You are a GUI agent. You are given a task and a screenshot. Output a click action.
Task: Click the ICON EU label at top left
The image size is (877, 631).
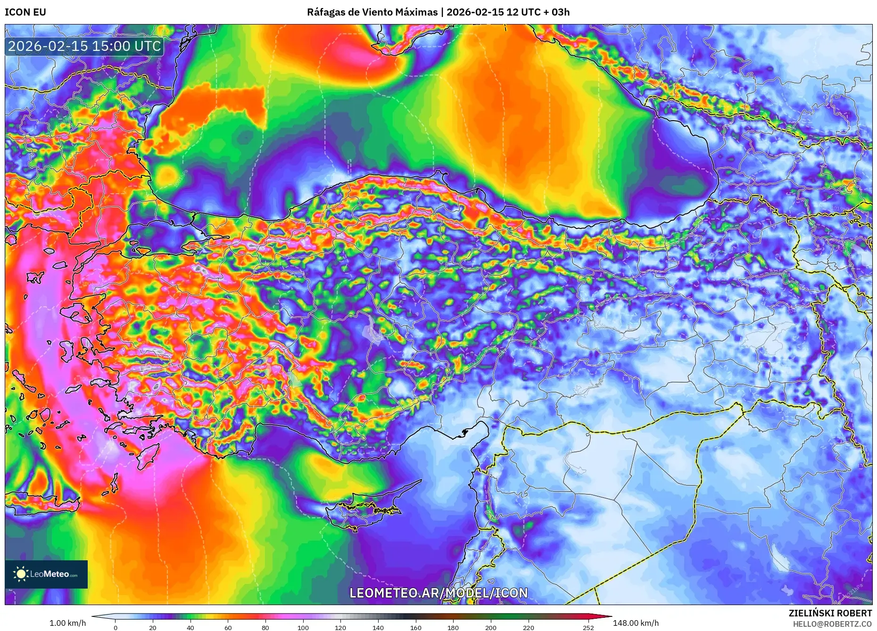click(25, 12)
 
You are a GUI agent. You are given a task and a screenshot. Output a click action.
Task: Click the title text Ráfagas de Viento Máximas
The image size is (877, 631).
click(372, 12)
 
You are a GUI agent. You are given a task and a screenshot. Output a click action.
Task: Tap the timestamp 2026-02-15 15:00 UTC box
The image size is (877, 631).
click(85, 46)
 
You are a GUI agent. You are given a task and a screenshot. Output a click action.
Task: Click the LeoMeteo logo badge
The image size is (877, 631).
click(46, 574)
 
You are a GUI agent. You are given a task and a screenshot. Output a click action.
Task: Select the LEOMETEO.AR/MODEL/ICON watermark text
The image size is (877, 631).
click(438, 593)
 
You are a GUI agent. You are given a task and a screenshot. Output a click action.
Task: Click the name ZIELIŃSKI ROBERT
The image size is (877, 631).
click(830, 613)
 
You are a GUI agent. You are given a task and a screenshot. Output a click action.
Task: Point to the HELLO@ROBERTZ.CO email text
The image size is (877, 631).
click(832, 624)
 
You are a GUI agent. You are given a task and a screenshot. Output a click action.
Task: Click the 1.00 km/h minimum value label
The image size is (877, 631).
click(67, 623)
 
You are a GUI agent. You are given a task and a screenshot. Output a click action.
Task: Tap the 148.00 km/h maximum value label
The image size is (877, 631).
click(636, 623)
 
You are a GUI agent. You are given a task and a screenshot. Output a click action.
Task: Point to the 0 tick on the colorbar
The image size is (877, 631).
click(116, 628)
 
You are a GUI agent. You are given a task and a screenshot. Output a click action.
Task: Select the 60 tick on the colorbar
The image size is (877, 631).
click(228, 628)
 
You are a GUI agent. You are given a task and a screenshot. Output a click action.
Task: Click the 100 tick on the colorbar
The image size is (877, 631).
click(303, 628)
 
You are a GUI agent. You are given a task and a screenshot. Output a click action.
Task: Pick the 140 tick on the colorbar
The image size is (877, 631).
click(378, 628)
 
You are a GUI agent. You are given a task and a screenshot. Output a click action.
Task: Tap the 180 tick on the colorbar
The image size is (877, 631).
click(453, 628)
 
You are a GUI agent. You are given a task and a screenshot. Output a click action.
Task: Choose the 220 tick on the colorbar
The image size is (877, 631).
click(529, 628)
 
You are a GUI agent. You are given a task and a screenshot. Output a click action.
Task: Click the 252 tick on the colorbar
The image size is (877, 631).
click(588, 628)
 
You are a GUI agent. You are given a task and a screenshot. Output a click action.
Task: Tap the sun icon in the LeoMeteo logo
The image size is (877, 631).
click(21, 574)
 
